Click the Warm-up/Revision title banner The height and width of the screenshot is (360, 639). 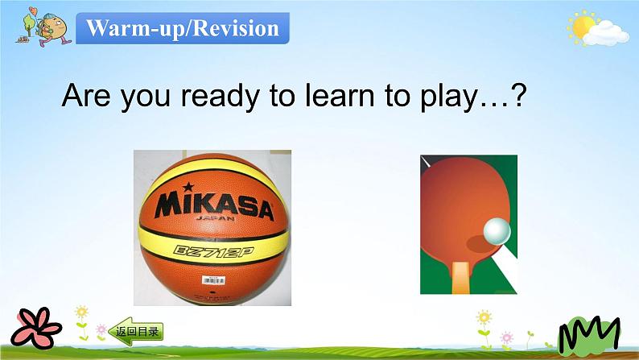coord(183,28)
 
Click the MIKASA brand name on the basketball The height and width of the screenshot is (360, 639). coord(213,206)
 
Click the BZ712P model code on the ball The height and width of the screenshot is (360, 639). coord(213,250)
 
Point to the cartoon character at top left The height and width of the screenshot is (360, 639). coord(37,26)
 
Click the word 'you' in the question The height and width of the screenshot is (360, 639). coord(146,97)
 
